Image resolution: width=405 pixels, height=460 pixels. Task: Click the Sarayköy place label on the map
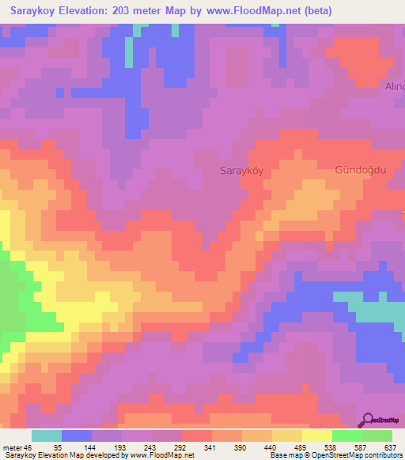(241, 171)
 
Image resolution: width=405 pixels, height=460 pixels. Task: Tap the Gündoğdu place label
(361, 171)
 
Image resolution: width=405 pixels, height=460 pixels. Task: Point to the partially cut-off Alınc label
(394, 85)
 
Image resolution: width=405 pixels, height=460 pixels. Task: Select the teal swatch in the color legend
(47, 435)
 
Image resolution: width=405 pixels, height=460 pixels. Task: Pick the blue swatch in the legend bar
(77, 435)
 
